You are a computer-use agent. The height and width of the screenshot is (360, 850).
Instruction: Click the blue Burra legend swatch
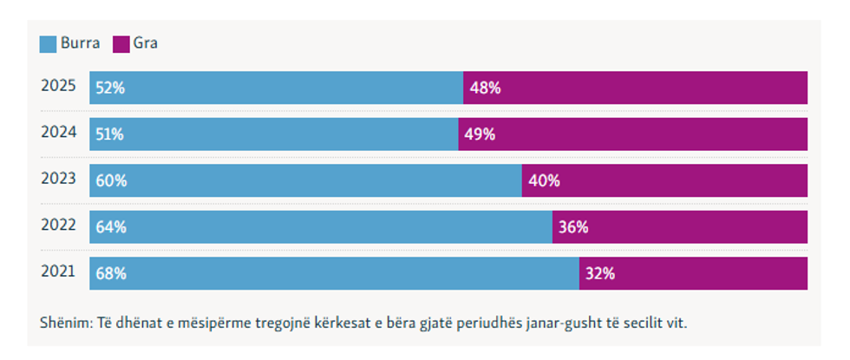pos(49,43)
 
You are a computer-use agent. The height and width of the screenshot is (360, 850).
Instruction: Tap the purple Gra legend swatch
pos(121,43)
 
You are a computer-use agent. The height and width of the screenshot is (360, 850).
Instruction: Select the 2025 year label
pos(59,87)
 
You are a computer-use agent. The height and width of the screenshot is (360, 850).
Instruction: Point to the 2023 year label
pos(59,180)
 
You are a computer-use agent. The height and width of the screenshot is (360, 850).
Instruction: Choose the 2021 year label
pos(59,272)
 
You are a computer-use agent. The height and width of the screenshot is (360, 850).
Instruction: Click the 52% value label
pos(111,88)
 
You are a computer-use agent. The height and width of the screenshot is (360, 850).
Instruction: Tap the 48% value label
pos(485,88)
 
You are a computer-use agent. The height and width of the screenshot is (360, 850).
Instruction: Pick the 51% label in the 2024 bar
pos(111,134)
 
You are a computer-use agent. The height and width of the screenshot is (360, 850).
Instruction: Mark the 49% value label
pos(480,134)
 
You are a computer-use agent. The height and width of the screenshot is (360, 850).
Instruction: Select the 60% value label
pos(111,181)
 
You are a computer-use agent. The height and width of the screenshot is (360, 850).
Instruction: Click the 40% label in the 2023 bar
pos(544,181)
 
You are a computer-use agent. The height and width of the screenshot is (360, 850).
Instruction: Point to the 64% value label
pos(111,227)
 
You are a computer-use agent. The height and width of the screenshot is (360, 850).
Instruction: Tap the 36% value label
pos(573,227)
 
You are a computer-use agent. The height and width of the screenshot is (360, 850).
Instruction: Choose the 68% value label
pos(111,274)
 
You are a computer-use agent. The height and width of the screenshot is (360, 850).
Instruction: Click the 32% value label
pos(600,274)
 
